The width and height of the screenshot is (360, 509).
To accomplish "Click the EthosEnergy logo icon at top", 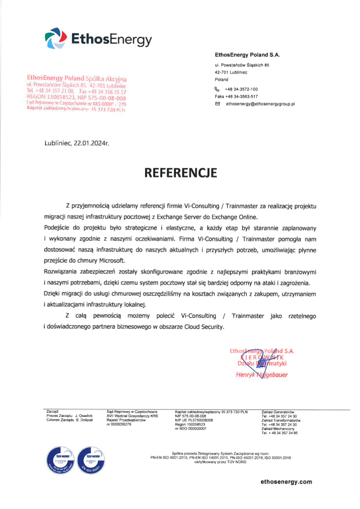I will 54,38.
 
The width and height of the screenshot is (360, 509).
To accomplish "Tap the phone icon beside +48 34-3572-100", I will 217,89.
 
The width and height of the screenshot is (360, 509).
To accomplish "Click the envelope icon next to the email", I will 217,104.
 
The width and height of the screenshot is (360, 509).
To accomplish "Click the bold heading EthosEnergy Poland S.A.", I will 247,55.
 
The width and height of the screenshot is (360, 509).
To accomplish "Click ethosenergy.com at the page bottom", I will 286,481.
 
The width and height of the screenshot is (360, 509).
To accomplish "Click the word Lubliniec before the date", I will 59,143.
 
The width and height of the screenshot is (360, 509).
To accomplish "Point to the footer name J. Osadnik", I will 84,416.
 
